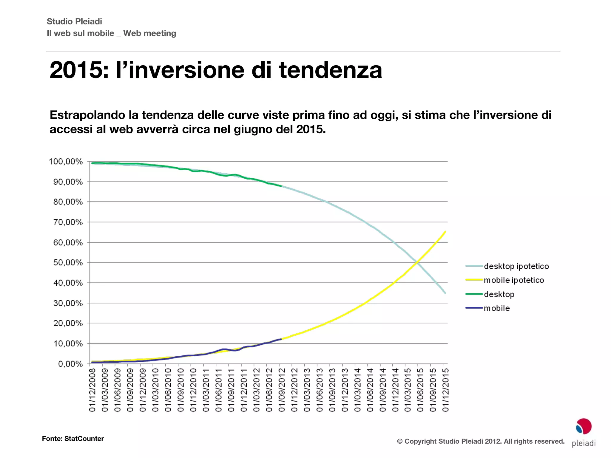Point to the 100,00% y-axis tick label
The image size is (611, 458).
[66, 162]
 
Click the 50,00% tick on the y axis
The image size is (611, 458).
[68, 263]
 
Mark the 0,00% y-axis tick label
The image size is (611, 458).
[70, 364]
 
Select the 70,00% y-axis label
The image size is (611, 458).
[68, 222]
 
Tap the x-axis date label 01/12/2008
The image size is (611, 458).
[92, 390]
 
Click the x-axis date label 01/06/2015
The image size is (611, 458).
[420, 390]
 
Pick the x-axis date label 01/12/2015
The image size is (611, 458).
[445, 390]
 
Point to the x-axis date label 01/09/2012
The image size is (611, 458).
[282, 390]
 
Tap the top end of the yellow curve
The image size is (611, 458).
[445, 231]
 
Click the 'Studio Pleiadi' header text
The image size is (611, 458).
[74, 21]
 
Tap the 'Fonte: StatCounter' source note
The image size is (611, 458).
[73, 439]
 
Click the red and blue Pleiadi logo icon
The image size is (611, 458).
[584, 426]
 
